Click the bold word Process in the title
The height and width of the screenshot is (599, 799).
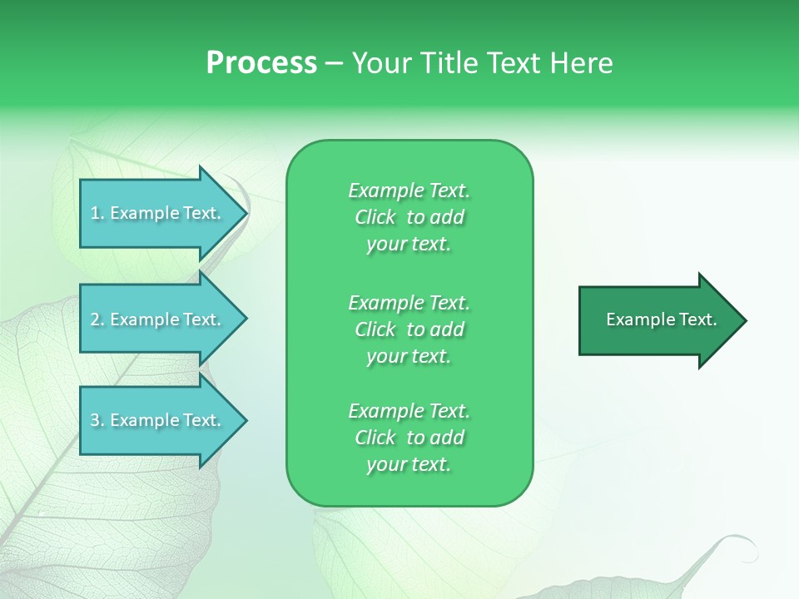[261, 63]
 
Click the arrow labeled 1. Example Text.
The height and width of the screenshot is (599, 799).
[158, 213]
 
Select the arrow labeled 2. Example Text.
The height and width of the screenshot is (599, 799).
[158, 319]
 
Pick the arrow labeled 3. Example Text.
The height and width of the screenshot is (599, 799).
[158, 420]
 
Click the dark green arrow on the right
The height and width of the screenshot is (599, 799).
[658, 320]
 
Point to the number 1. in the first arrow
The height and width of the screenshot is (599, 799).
[97, 213]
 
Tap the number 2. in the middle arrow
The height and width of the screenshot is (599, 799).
[97, 319]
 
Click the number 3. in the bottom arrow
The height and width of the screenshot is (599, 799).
[97, 420]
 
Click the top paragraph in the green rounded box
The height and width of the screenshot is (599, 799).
[409, 217]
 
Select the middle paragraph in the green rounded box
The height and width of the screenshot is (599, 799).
[409, 329]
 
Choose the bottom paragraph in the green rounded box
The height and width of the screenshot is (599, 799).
[409, 438]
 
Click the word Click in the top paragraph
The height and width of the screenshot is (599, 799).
[375, 217]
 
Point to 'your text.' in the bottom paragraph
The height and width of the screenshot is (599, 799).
[409, 464]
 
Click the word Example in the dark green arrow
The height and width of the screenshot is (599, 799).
[634, 319]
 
